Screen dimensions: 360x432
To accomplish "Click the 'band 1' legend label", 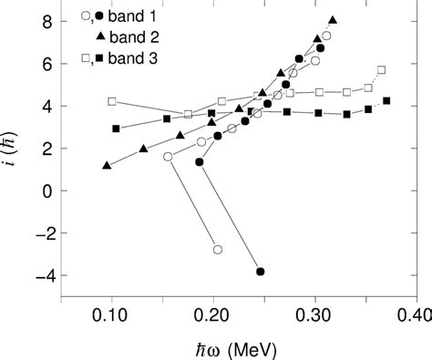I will pos(129,15).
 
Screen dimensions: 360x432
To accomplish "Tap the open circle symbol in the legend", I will pos(86,15).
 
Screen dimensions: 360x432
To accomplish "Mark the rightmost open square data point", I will pos(381,70).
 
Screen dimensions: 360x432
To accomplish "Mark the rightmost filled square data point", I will pos(386,101).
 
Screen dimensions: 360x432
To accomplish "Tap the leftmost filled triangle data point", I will pos(108,166).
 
